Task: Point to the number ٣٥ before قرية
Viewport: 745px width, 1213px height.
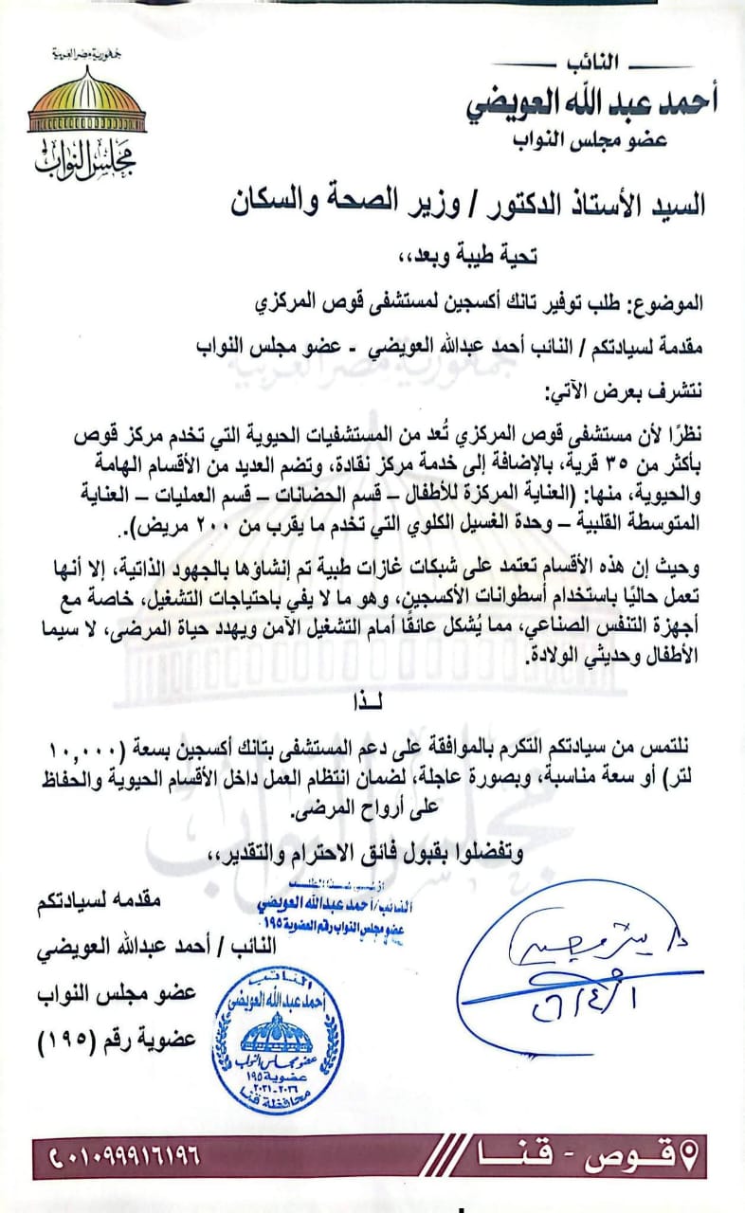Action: (x=586, y=464)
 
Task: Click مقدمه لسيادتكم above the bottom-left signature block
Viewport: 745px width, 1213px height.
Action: (x=128, y=901)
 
